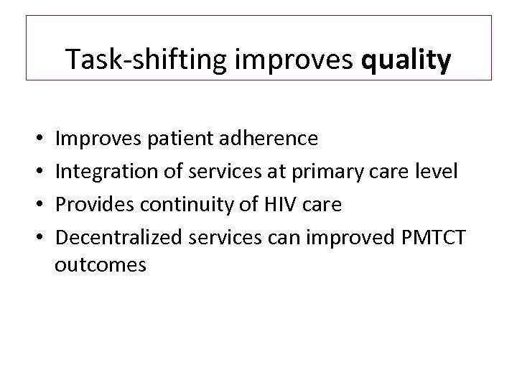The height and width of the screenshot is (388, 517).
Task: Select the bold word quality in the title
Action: pyautogui.click(x=407, y=60)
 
